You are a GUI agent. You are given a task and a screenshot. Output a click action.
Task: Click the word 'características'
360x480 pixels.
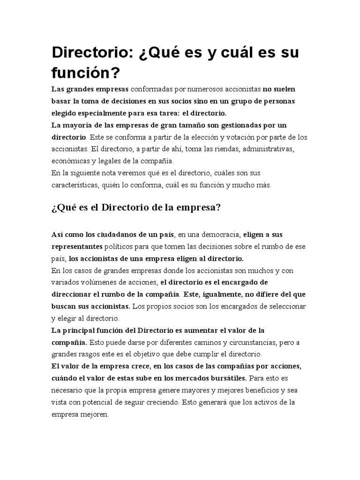(x=75, y=185)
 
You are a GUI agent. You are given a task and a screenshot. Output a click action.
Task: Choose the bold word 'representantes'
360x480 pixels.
(x=76, y=246)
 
